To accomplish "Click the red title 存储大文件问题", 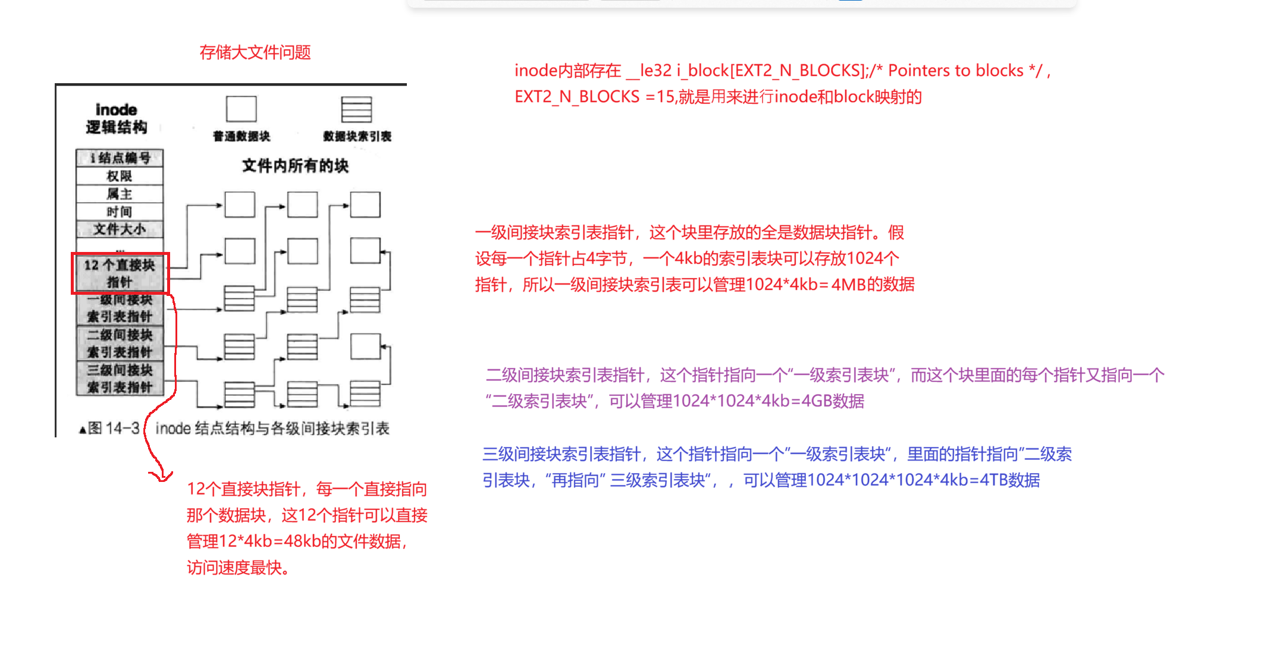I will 255,52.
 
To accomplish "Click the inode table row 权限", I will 120,176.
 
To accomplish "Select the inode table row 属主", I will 120,194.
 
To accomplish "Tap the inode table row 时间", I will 120,212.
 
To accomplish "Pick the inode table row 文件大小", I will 120,229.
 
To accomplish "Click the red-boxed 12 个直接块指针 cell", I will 120,273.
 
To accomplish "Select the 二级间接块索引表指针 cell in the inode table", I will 120,343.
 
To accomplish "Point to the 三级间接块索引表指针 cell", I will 120,379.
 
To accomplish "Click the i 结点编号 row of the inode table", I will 120,157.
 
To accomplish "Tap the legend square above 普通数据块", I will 241,109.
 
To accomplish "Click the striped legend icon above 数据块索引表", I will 356,109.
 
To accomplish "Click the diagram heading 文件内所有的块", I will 295,166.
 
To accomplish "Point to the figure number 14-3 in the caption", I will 123,428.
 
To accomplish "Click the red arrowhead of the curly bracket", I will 161,477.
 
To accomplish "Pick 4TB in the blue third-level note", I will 995,480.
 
